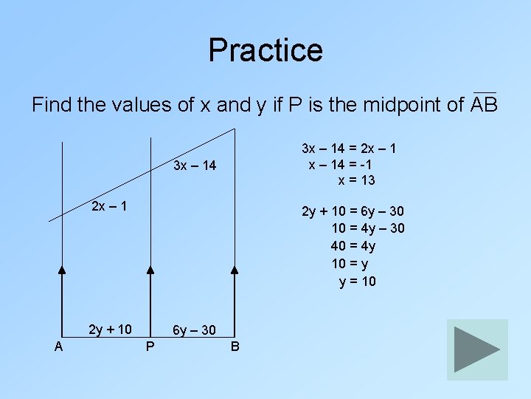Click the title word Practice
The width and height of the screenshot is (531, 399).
[265, 50]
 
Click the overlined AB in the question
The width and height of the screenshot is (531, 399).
[485, 104]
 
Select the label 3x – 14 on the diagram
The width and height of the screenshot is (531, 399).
[195, 166]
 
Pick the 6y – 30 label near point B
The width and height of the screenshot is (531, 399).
[194, 330]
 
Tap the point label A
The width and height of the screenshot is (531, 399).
[58, 346]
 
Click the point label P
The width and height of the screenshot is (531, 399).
[150, 346]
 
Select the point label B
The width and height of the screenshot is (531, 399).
[235, 346]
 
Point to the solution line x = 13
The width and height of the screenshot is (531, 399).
[357, 180]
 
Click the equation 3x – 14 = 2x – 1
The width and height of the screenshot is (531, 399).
[350, 149]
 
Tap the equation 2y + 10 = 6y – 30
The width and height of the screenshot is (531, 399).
[353, 212]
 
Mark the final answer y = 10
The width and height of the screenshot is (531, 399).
[357, 281]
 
